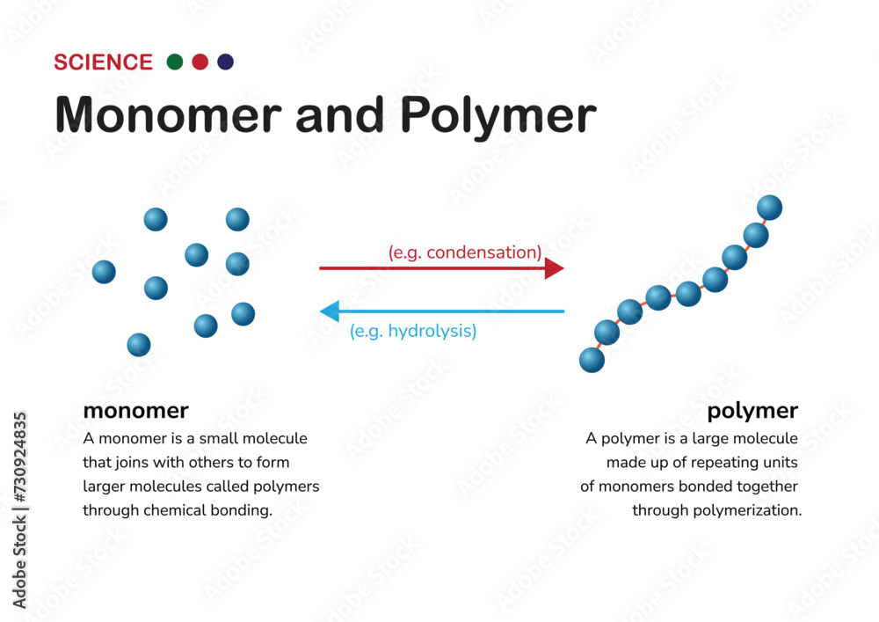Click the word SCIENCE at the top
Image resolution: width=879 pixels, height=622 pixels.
pos(103,62)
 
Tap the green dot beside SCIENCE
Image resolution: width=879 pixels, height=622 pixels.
pos(175,62)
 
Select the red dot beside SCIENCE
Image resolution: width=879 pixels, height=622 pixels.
pos(200,62)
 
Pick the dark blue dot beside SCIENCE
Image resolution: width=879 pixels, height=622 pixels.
pos(226,62)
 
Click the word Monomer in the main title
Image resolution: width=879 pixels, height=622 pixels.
pos(168,115)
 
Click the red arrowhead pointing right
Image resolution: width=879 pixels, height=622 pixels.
pos(554,267)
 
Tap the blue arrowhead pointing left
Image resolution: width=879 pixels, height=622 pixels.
pos(330,311)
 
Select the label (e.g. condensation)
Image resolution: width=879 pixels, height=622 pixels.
pos(464,252)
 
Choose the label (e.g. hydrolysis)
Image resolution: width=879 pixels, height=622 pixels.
pos(413,332)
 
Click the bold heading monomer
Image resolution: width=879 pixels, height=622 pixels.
pos(135,410)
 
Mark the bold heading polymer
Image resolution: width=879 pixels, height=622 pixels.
pos(752,410)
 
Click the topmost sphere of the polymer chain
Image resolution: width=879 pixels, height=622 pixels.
pos(769,208)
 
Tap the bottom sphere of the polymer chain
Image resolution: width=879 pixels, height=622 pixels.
pos(592,360)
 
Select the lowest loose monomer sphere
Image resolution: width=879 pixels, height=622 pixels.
pos(139,345)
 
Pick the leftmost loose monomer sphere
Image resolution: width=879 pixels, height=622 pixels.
pos(104,272)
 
